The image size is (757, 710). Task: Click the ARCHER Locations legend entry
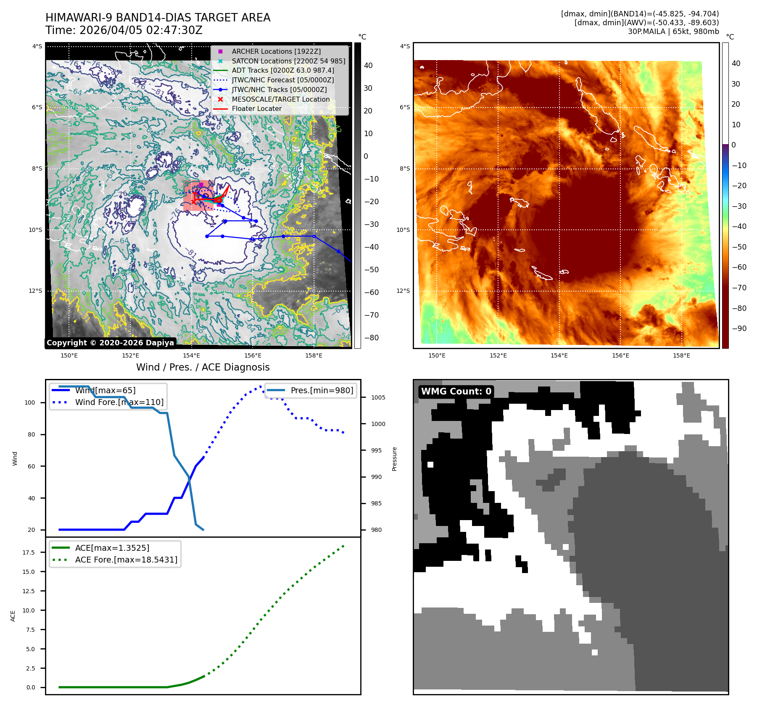tap(276, 51)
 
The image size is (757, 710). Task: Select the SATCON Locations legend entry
tap(288, 61)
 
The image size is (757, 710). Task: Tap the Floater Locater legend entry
tap(256, 108)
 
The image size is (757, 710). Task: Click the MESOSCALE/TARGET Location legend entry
tap(280, 99)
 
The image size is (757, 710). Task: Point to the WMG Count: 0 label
tap(456, 392)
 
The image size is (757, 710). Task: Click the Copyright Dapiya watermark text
tap(110, 343)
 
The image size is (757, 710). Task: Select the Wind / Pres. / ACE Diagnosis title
tap(203, 367)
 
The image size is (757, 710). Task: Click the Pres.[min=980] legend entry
tap(322, 390)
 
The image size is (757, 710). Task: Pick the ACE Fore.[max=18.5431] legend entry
tap(126, 560)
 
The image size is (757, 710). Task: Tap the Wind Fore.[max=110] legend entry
tap(119, 402)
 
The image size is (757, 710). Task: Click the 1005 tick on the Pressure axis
tap(378, 397)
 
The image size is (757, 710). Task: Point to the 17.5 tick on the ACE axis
tap(29, 552)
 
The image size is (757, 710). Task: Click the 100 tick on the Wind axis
tap(30, 402)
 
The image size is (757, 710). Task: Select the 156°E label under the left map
tap(253, 355)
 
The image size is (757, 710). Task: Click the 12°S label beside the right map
tap(404, 291)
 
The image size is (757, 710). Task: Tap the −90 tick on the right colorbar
tap(739, 329)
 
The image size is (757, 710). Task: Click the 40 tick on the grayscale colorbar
tap(368, 66)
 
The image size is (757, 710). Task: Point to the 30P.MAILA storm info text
tap(673, 32)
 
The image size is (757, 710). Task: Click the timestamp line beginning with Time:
tap(124, 30)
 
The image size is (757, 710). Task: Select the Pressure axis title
tap(394, 459)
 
